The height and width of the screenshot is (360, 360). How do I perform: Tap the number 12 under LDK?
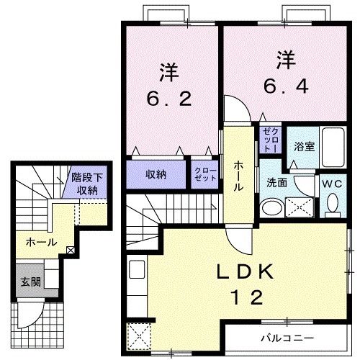tap(241, 297)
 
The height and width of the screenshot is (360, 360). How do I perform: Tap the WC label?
tap(332, 183)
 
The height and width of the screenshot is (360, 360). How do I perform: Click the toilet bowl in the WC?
tap(332, 205)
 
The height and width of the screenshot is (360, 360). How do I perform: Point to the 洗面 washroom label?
tap(277, 183)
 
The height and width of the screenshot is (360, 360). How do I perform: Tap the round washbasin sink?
tap(272, 208)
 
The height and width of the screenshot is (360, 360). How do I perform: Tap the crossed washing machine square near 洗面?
tap(299, 207)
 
